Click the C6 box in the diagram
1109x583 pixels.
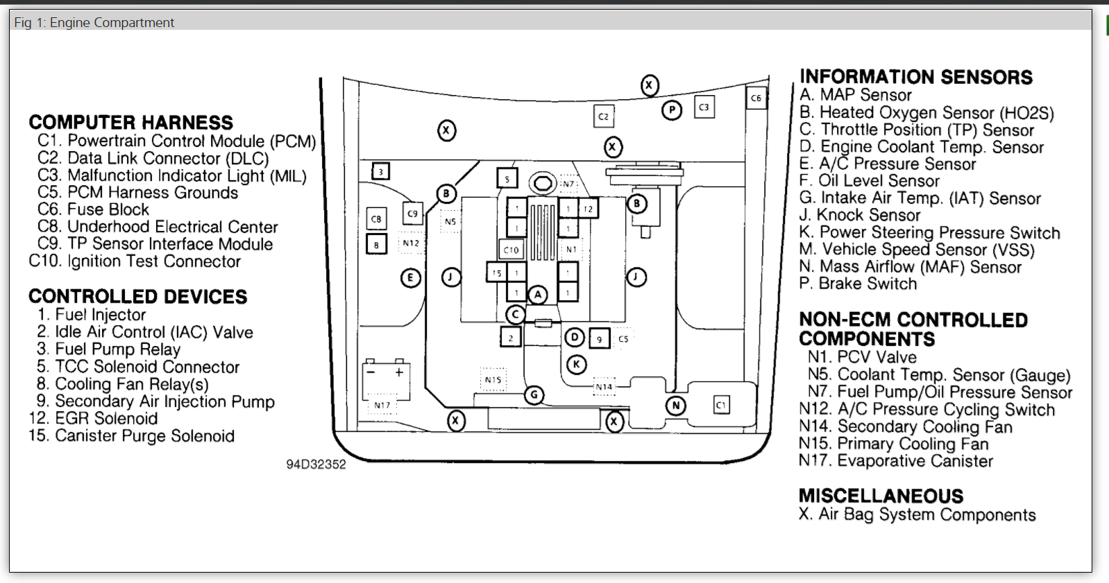756,98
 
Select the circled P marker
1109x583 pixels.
671,110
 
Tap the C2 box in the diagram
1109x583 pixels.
603,116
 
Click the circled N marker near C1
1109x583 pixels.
675,406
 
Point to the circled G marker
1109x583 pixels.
534,395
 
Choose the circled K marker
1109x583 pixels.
576,364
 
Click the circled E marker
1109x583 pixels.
411,278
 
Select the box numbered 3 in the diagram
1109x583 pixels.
380,171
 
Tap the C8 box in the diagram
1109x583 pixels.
376,219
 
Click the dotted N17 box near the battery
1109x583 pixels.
382,405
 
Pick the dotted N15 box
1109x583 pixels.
493,380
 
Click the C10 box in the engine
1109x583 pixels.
511,250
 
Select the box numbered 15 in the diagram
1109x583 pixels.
496,272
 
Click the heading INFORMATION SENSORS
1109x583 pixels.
915,77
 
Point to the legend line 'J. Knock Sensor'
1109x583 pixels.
859,215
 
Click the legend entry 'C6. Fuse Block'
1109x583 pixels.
93,209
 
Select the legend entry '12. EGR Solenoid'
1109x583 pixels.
93,419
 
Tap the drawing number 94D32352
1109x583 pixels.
316,464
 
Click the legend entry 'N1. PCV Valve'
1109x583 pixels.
862,357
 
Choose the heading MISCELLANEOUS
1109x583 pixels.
881,496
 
